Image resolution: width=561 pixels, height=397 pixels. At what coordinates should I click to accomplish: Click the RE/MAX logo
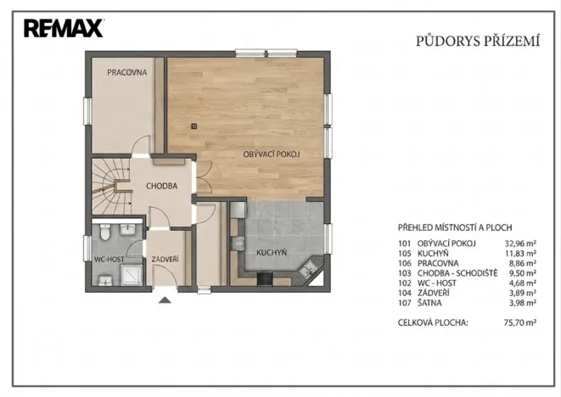point(64,29)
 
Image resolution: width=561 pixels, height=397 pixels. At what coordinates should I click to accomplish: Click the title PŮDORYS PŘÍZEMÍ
point(477,40)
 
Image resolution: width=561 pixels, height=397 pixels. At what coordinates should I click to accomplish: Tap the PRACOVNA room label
point(127,73)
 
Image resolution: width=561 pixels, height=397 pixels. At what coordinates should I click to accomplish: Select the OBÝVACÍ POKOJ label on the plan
point(272,154)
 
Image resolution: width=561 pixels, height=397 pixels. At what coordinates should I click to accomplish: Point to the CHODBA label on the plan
point(161,186)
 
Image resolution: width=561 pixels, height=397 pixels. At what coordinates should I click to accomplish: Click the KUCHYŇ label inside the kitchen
point(272,252)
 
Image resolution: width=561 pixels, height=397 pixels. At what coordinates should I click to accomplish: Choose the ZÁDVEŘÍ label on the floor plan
point(165,258)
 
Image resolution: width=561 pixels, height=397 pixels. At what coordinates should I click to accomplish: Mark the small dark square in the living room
point(194,126)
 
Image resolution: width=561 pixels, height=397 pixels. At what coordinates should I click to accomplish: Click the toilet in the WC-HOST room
point(104,232)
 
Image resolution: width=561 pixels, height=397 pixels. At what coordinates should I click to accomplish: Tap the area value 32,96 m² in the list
point(519,243)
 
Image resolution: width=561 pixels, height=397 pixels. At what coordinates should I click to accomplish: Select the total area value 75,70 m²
point(519,323)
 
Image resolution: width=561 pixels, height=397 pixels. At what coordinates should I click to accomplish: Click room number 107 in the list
point(405,302)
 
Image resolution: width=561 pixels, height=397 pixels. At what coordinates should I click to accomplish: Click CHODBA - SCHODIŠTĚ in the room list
point(457,273)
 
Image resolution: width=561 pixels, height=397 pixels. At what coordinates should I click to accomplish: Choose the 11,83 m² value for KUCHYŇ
point(519,254)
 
